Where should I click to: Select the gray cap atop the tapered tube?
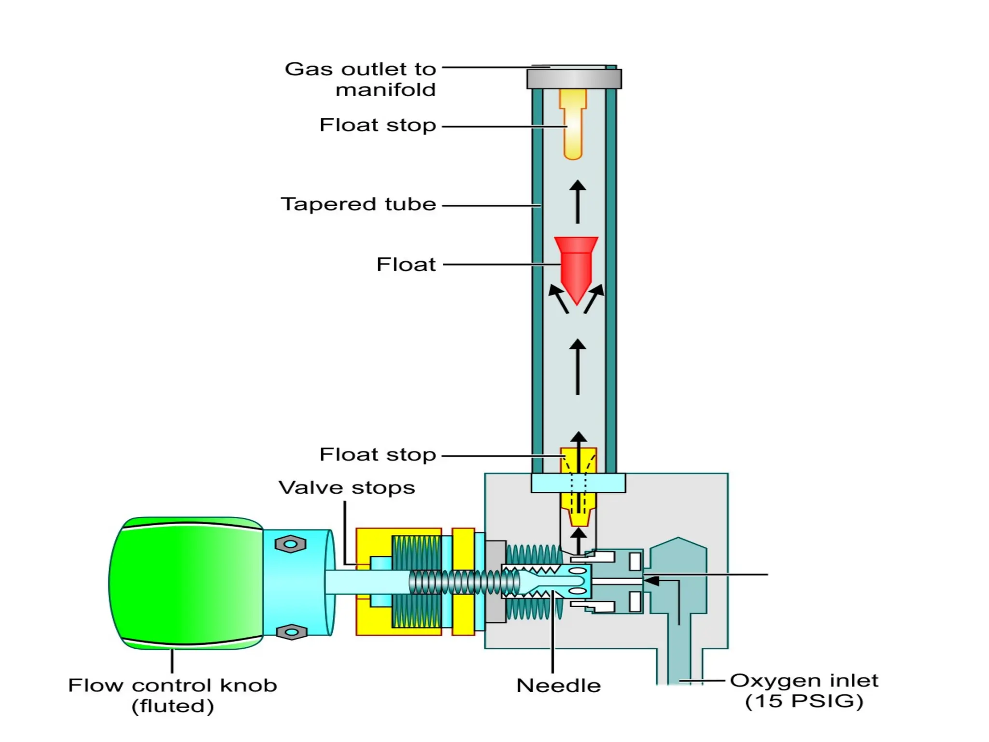(x=574, y=79)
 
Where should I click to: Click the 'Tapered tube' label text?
(x=358, y=204)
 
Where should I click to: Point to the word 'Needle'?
(x=558, y=686)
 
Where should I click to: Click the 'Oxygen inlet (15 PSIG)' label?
(x=804, y=691)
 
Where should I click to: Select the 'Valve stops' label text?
(x=347, y=487)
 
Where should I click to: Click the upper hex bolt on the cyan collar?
(x=290, y=544)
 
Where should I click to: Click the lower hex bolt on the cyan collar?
(x=291, y=632)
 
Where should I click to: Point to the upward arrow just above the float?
(x=578, y=201)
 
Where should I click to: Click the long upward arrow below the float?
(x=578, y=367)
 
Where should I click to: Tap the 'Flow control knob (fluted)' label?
(x=172, y=696)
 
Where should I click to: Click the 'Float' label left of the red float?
(x=406, y=265)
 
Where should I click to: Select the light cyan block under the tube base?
(x=578, y=483)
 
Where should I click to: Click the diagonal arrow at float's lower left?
(x=558, y=299)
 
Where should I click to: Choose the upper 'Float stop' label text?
(x=378, y=125)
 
